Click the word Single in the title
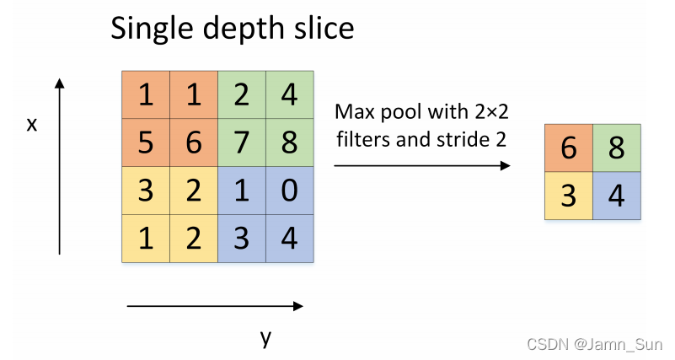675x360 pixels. [149, 29]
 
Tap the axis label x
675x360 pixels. [32, 125]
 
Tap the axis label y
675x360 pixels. [265, 338]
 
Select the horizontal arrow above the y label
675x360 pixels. [214, 306]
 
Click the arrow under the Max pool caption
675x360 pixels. [422, 165]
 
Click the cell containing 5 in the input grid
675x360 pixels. [146, 142]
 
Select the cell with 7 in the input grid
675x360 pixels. [242, 142]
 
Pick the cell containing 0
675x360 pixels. [290, 191]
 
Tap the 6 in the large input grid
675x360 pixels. [194, 142]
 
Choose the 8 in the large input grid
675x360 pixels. [290, 142]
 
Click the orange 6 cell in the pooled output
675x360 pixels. [569, 148]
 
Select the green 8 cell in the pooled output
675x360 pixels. [616, 148]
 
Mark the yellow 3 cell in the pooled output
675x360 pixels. [569, 196]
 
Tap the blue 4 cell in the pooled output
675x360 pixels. [616, 196]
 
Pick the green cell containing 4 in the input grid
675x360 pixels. [290, 94]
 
